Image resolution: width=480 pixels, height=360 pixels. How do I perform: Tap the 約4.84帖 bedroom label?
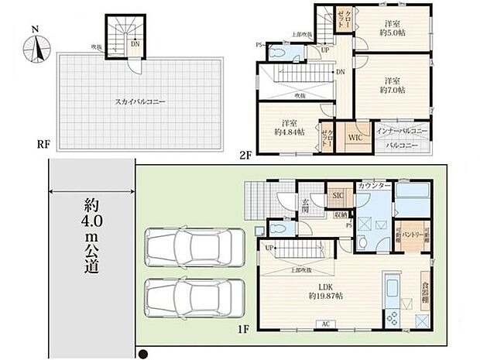pos(292,127)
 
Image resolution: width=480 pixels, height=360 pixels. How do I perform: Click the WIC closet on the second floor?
pos(355,137)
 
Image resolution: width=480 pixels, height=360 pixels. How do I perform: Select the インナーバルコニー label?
pos(402,132)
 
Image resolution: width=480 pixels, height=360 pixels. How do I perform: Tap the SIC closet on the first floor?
pos(338,196)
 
